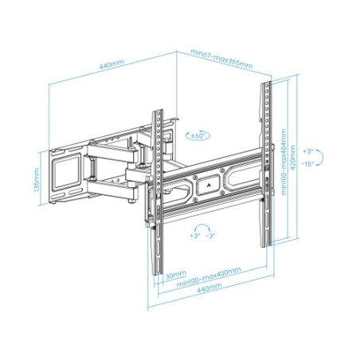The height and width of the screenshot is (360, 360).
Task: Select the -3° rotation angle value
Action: (x=210, y=237)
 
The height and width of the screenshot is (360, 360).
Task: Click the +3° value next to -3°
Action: (x=194, y=237)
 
